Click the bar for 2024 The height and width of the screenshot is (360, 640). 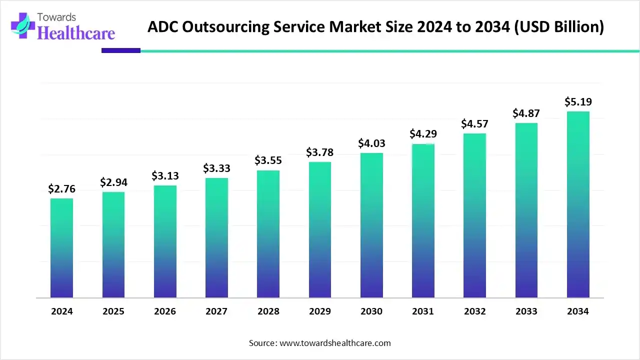click(61, 248)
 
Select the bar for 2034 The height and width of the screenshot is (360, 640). click(578, 204)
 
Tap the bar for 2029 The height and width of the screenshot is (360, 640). click(320, 230)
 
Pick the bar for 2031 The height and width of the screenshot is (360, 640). click(423, 221)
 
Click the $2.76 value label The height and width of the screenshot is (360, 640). click(61, 188)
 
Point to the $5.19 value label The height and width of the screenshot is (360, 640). click(578, 102)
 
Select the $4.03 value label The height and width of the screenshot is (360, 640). click(371, 143)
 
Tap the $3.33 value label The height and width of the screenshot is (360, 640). click(216, 168)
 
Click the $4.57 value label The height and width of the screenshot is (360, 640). click(474, 123)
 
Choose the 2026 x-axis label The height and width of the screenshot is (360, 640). click(165, 311)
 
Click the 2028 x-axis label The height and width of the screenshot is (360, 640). click(268, 311)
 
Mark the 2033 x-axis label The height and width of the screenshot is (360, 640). click(526, 311)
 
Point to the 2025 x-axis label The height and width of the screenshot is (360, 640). click(113, 311)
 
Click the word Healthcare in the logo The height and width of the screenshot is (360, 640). click(76, 33)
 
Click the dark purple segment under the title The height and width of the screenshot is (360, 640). click(121, 50)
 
